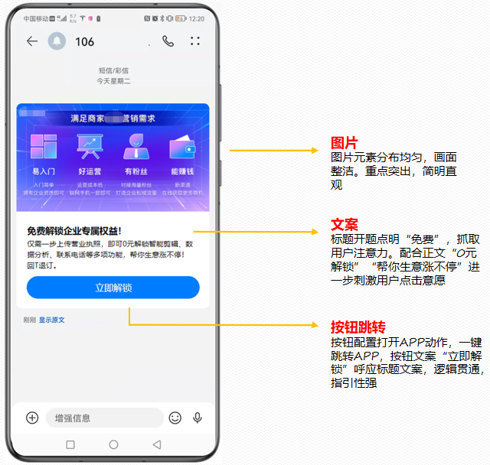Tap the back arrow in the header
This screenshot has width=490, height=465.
(x=31, y=41)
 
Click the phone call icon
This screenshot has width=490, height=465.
(x=168, y=41)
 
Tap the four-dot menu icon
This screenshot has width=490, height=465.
(x=195, y=41)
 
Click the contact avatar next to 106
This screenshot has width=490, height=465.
(x=57, y=41)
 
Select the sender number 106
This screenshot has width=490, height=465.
(x=84, y=41)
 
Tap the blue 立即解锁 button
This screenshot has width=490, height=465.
(x=113, y=288)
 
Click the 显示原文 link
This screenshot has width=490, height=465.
(x=52, y=320)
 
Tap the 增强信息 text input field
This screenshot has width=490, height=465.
(x=103, y=418)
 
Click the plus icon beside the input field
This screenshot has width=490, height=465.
(x=32, y=418)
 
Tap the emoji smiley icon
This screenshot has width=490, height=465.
(x=175, y=418)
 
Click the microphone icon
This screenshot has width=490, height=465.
(x=198, y=418)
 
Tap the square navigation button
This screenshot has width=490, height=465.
(x=70, y=444)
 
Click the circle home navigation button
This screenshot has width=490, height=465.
(x=113, y=444)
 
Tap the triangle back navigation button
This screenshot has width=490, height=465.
(x=157, y=444)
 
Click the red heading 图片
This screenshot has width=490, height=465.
(x=344, y=143)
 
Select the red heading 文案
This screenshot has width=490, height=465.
(x=344, y=225)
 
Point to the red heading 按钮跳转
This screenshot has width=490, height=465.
(x=357, y=327)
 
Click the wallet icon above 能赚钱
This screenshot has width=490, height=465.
(x=182, y=147)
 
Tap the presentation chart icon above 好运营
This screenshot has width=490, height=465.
(x=90, y=147)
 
